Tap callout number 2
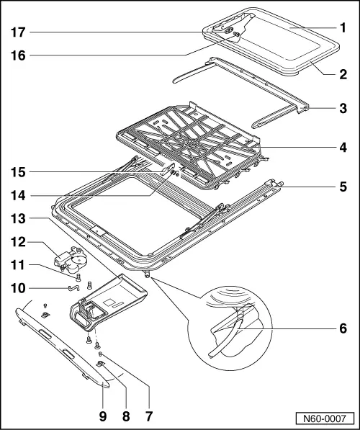tap(343, 74)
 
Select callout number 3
tap(343, 109)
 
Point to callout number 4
tap(343, 150)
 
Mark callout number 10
tap(19, 288)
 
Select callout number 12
tap(19, 241)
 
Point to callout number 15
tap(19, 171)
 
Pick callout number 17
tap(19, 32)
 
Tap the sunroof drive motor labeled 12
tap(70, 259)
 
